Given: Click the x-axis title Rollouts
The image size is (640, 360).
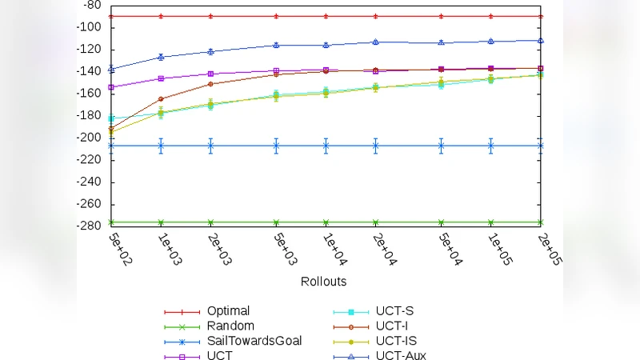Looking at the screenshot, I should coord(323,282).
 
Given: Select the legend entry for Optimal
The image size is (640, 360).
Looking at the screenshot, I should coord(228,310).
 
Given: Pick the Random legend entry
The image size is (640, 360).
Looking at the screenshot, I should coord(230,326).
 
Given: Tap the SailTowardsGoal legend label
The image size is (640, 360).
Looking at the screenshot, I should coord(254,341).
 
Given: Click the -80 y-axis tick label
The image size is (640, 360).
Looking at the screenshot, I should coord(94,5).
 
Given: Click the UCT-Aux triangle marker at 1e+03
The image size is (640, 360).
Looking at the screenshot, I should coord(161,57).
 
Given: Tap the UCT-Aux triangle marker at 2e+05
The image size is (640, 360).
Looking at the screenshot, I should coord(541,40).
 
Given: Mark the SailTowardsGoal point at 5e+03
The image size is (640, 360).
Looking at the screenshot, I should coord(276,146).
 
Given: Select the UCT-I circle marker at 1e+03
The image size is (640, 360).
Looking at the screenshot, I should coord(161,99).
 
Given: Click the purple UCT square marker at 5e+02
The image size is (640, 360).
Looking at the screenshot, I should coord(111,87).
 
